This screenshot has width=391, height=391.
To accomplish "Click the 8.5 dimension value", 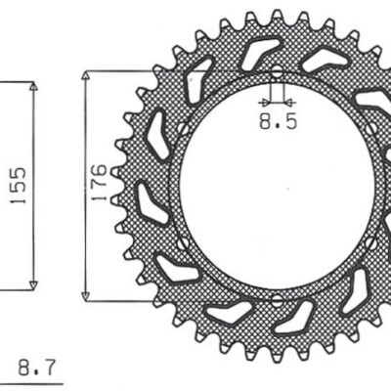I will click(274, 123).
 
